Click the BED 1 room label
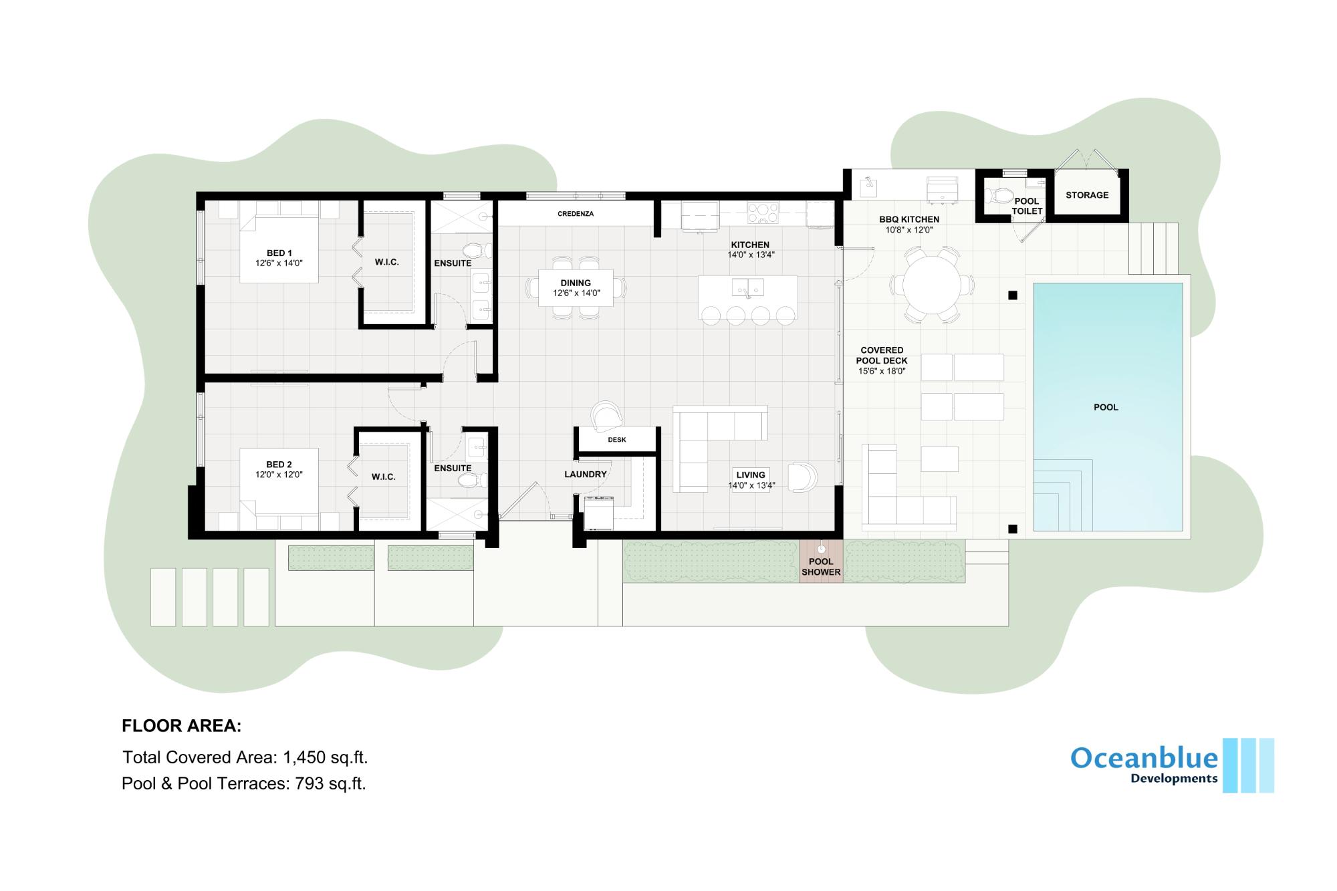click(x=279, y=253)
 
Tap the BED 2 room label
click(x=279, y=465)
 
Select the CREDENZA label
click(x=576, y=214)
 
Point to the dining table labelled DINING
click(x=576, y=288)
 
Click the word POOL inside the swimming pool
click(x=1106, y=407)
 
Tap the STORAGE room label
click(x=1087, y=195)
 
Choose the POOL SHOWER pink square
click(x=821, y=560)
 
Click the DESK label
click(x=617, y=440)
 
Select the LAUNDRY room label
click(x=586, y=475)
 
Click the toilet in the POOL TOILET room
click(x=1001, y=196)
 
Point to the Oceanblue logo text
click(x=1144, y=758)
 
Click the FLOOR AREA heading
click(x=181, y=726)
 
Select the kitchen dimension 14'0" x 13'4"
click(x=751, y=255)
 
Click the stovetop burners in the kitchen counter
click(x=763, y=213)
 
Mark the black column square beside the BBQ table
click(x=1013, y=295)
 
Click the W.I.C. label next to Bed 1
click(x=387, y=263)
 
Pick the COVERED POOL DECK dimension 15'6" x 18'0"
click(x=882, y=372)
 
